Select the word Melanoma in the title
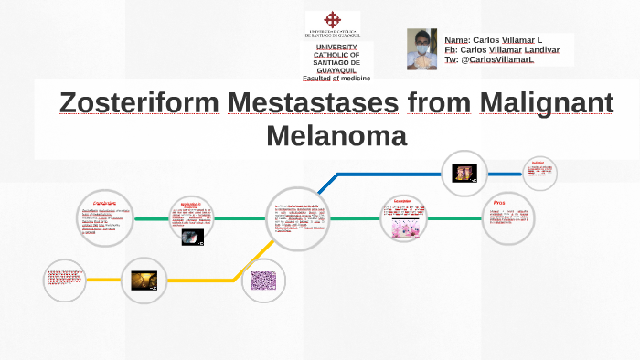(336, 136)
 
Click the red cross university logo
(333, 21)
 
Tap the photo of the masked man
(421, 48)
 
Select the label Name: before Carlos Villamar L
(456, 40)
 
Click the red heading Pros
(498, 202)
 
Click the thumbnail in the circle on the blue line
(464, 172)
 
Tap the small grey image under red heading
(191, 236)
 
